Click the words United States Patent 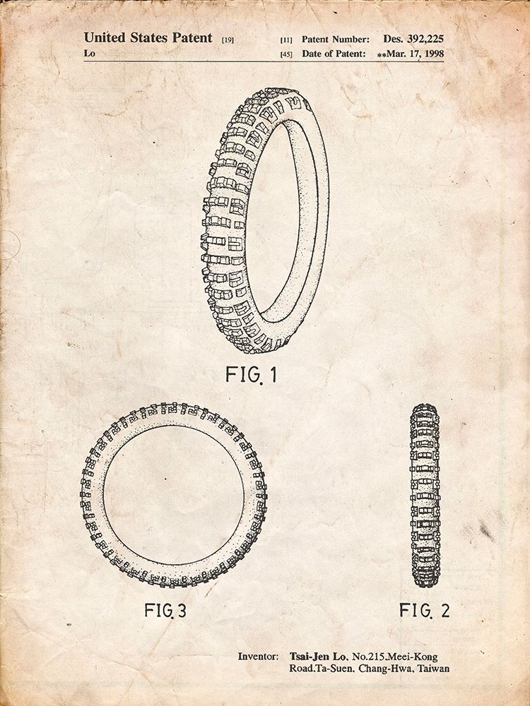point(148,38)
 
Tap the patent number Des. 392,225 point(413,39)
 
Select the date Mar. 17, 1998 point(415,54)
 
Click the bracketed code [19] point(228,40)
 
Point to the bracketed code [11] point(285,40)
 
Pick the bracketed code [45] point(285,54)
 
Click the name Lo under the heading point(89,53)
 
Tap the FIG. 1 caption point(251,374)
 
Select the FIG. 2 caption point(425,610)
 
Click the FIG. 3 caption point(165,610)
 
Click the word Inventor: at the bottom point(257,657)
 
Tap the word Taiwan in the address point(434,668)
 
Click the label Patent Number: point(335,39)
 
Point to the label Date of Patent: point(334,54)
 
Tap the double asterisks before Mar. point(382,54)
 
